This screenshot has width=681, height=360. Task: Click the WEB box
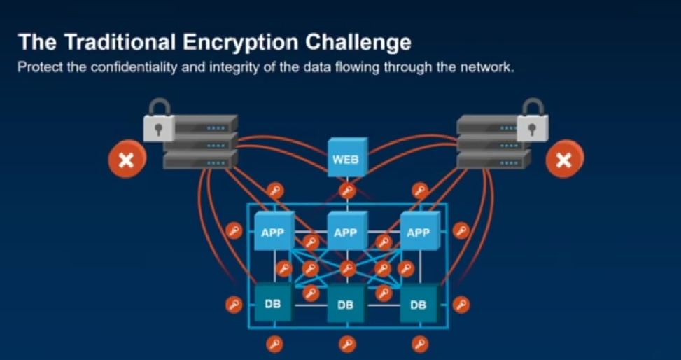point(345,159)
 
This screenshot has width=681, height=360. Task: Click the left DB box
point(272,305)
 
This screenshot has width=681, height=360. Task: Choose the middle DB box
point(345,305)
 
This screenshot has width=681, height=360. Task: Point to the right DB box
point(418,305)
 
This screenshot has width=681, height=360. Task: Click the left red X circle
point(127,160)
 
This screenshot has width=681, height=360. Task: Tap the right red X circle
point(563,160)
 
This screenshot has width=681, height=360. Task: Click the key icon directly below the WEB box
point(346,191)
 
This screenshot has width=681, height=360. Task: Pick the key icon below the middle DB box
point(346,344)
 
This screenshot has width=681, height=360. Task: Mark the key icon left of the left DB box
point(233,305)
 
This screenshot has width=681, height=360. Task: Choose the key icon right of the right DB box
point(461,305)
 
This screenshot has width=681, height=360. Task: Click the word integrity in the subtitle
point(226,68)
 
